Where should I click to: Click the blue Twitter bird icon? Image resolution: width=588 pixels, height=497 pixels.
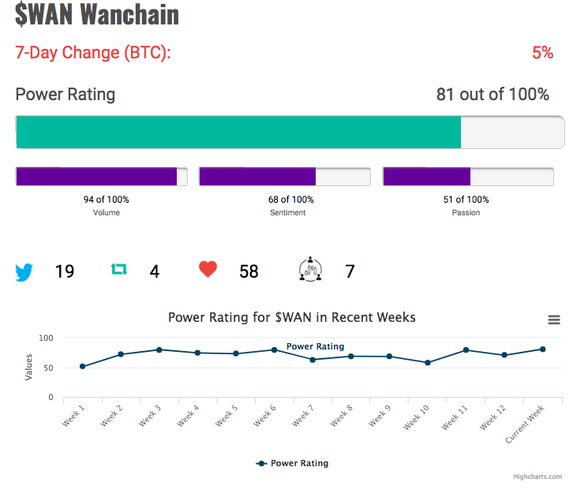[x=24, y=272]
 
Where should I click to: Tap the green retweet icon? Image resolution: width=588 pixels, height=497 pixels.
[x=119, y=269]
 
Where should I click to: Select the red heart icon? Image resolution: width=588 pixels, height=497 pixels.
[x=208, y=269]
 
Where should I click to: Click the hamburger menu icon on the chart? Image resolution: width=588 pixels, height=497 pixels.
[x=554, y=319]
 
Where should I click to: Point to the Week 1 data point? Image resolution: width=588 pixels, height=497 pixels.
[x=83, y=366]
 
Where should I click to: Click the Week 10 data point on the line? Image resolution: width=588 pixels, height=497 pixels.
[x=428, y=362]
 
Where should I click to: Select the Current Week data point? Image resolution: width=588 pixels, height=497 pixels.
[x=543, y=349]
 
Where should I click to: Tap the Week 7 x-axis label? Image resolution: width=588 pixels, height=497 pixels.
[x=302, y=416]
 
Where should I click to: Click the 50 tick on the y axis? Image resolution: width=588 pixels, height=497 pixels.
[x=48, y=368]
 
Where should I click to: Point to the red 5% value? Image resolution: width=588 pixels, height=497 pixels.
[x=543, y=53]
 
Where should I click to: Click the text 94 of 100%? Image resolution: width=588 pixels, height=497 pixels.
[x=106, y=200]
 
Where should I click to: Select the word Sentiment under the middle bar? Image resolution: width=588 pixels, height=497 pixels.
[x=287, y=212]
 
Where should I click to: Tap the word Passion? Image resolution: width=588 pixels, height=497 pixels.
[x=466, y=212]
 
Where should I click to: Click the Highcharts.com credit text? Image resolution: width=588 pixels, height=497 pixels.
[x=537, y=476]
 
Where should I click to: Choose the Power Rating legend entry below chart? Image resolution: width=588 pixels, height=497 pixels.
[x=292, y=463]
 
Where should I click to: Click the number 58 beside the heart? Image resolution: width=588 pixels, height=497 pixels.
[x=249, y=271]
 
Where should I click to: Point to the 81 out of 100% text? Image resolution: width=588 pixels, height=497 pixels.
[x=492, y=94]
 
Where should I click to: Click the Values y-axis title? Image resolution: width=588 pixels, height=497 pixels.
[x=28, y=367]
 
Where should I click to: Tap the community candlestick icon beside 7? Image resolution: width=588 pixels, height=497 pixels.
[x=310, y=269]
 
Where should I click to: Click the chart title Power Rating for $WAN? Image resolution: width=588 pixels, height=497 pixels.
[x=292, y=317]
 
